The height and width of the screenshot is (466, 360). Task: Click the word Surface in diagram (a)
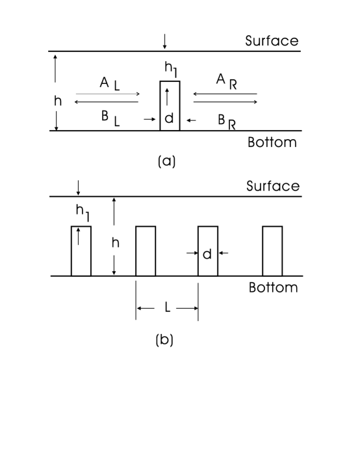coord(272,41)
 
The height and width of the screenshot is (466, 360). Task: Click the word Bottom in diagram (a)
coord(272,142)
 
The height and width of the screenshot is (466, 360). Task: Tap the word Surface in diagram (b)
coord(272,187)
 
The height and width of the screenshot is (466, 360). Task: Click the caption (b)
coord(164,340)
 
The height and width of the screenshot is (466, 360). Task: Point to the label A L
coord(109,84)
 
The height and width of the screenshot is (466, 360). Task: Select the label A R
coord(226,81)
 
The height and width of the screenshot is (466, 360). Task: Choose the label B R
coord(226,121)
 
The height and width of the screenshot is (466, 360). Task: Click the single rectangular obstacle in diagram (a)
coord(170,106)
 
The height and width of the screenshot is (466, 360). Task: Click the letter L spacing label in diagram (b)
coord(167,308)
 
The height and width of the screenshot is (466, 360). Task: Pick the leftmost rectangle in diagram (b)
coord(81,251)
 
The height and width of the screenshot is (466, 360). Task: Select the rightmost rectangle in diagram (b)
coord(272,251)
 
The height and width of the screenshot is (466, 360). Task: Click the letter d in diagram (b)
coord(207,254)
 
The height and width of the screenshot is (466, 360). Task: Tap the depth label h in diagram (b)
coord(116,242)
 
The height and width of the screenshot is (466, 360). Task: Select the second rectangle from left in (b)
coord(146,251)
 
